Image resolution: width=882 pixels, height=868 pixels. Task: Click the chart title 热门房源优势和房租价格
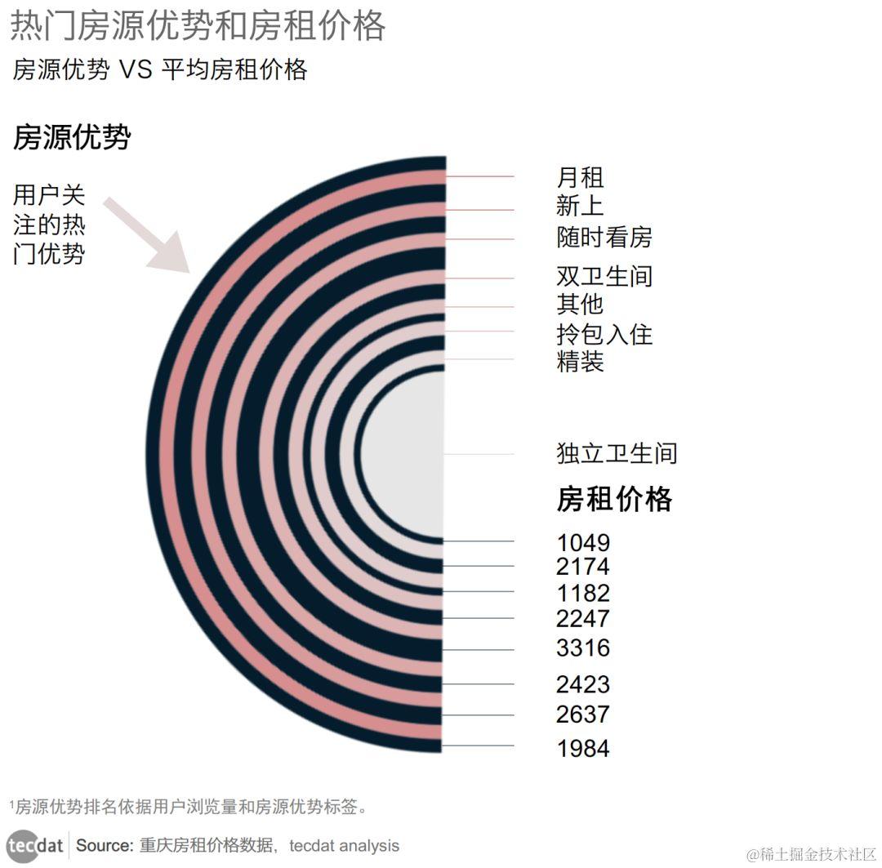point(197,26)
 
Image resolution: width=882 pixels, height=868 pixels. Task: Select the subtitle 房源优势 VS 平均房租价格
point(160,70)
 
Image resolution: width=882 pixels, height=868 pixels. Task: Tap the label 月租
point(580,177)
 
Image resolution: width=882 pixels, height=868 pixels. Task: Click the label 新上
point(580,205)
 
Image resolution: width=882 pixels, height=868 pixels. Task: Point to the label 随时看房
point(604,238)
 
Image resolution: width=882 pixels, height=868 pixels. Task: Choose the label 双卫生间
point(604,276)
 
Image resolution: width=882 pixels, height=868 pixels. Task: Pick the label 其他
point(580,304)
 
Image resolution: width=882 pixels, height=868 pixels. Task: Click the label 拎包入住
point(604,334)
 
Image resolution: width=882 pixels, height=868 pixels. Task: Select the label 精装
point(580,361)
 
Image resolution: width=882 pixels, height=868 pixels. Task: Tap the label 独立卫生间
point(617,453)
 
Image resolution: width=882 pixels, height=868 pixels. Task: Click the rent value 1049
point(583,543)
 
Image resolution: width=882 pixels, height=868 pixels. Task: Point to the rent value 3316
point(583,648)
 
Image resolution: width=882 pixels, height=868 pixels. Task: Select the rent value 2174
point(583,567)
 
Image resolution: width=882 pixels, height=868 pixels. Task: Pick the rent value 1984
point(583,748)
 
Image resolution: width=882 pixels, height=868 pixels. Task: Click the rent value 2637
point(583,714)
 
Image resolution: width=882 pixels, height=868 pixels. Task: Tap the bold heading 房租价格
point(614,498)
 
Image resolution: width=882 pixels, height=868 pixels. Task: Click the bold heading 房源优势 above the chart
point(72,138)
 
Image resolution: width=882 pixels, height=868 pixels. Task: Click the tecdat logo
point(35,845)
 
